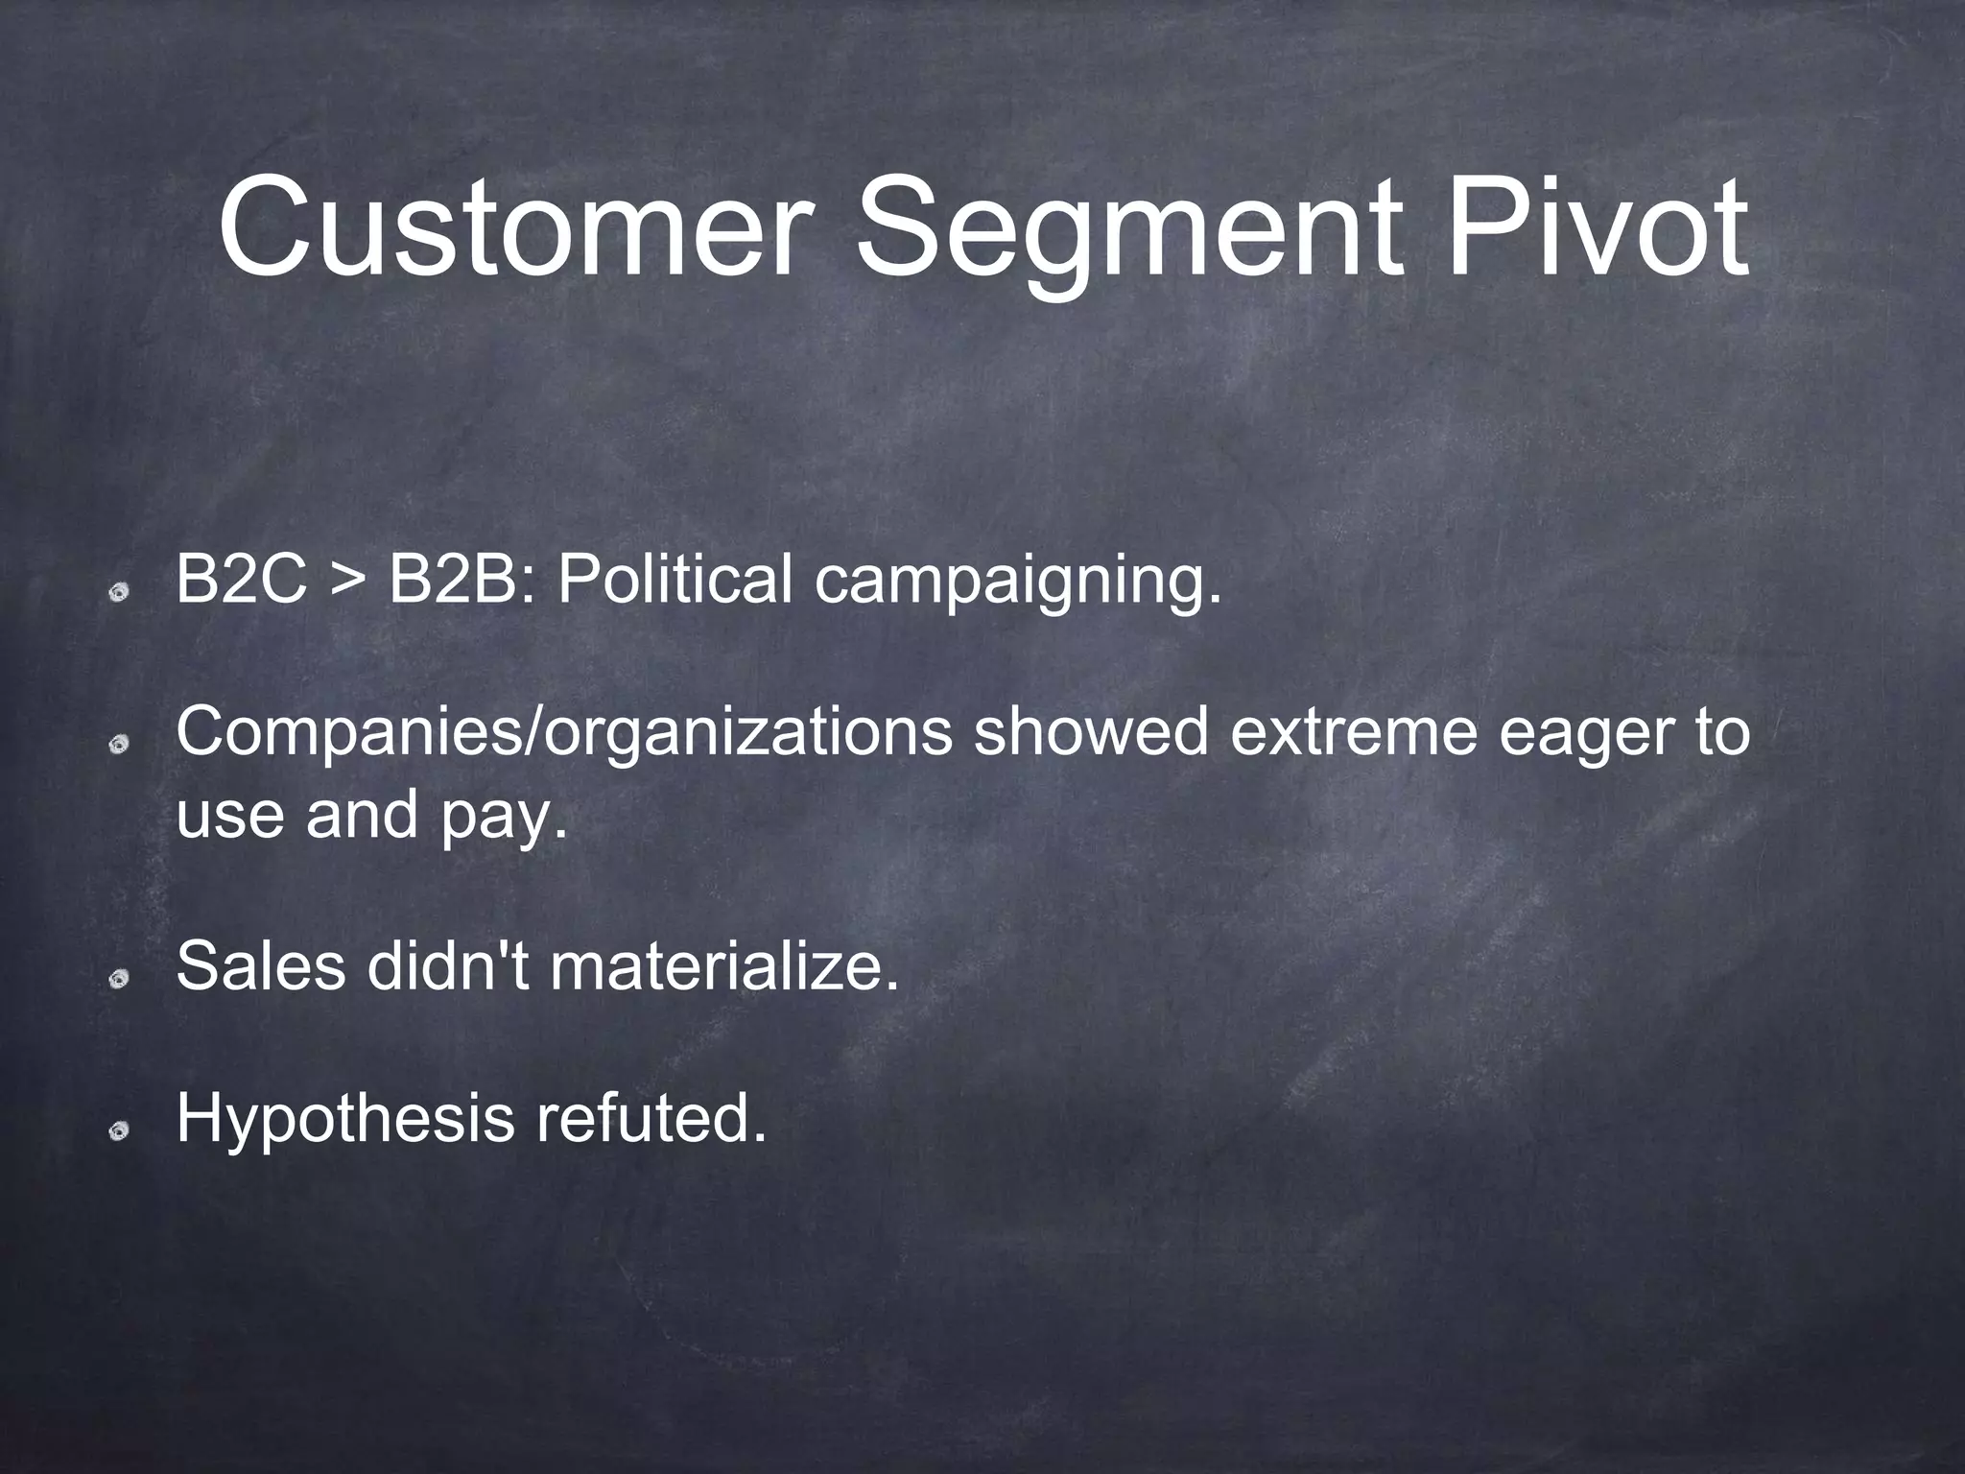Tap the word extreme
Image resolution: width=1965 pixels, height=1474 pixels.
[x=1353, y=733]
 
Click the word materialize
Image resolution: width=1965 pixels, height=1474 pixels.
[x=725, y=965]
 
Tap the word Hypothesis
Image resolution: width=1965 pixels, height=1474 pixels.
[x=346, y=1121]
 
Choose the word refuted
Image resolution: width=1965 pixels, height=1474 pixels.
[x=651, y=1119]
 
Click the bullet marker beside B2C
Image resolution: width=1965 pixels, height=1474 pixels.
[x=119, y=594]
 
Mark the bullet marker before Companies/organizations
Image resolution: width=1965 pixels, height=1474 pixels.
[x=119, y=747]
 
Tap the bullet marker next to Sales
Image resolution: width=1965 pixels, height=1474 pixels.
[x=119, y=979]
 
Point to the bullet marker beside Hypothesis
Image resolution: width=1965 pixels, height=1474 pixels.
[x=119, y=1133]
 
